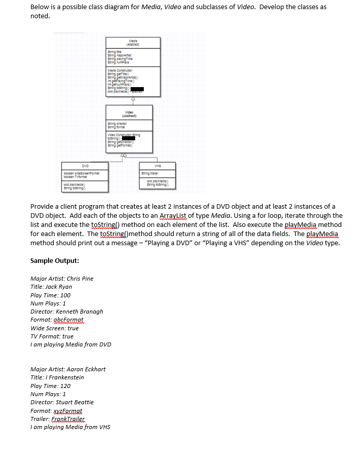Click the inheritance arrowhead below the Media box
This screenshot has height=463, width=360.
pyautogui.click(x=129, y=100)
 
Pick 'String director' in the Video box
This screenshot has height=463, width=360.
pyautogui.click(x=117, y=123)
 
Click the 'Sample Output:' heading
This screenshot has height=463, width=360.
pyautogui.click(x=54, y=261)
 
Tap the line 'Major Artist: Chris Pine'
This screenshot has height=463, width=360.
pyautogui.click(x=62, y=279)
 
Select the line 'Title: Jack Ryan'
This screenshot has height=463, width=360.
pyautogui.click(x=51, y=287)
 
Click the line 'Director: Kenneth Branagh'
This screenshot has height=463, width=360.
pyautogui.click(x=67, y=312)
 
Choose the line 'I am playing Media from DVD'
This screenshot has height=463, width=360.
pyautogui.click(x=71, y=344)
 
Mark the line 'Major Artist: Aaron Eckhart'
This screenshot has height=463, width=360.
pyautogui.click(x=68, y=369)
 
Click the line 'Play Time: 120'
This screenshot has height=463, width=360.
pyautogui.click(x=51, y=385)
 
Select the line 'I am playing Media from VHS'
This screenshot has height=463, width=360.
pyautogui.click(x=70, y=427)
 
